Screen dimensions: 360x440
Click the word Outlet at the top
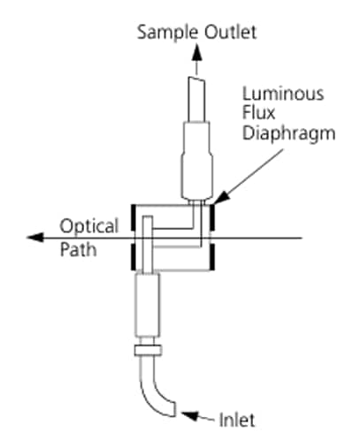point(231,32)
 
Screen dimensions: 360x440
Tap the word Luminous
point(283,94)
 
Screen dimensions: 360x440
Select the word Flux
point(258,112)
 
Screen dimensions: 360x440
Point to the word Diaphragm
point(288,133)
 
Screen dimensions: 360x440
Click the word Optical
point(89,227)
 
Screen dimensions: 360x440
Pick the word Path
point(78,249)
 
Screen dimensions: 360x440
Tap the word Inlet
point(237,420)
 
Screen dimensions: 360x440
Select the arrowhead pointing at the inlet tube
point(189,415)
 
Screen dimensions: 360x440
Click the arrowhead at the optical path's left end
point(35,237)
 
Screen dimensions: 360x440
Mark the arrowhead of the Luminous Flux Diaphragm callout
point(221,198)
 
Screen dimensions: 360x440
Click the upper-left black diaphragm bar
point(134,217)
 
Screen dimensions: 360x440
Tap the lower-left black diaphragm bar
point(134,256)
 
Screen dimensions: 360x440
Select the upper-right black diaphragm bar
point(212,217)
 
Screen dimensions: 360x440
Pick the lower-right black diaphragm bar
point(212,256)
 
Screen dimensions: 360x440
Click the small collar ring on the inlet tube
point(148,350)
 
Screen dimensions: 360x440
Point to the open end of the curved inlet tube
point(175,409)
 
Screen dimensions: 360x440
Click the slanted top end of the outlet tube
point(196,80)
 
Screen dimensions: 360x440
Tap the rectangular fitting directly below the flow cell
point(148,305)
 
